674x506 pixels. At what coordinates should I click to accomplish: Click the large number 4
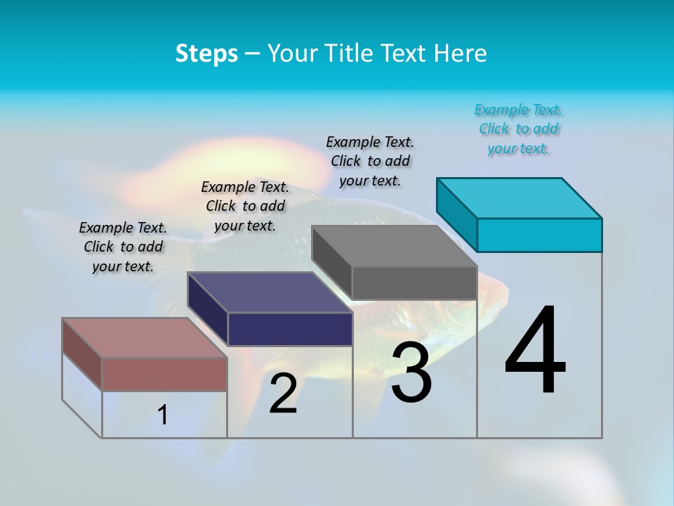click(x=535, y=351)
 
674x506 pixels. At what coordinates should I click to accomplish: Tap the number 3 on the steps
click(x=411, y=373)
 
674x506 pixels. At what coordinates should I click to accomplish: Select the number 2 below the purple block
click(x=283, y=394)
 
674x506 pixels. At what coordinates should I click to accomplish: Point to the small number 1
click(x=163, y=415)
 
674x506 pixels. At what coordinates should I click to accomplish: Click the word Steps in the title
click(x=206, y=53)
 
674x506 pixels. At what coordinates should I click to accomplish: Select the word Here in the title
click(x=461, y=53)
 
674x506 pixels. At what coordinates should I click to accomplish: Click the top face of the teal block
click(x=520, y=197)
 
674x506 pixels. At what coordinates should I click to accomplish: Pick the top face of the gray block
click(x=395, y=246)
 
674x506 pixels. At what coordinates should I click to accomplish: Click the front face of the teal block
click(x=539, y=235)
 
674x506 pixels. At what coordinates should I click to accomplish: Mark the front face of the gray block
click(x=414, y=283)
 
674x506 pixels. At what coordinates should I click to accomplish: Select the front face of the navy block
click(x=290, y=329)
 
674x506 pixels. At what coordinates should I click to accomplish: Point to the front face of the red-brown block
click(x=165, y=374)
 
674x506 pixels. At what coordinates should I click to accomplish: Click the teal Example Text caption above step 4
click(x=519, y=129)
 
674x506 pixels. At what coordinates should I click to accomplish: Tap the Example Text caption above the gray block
click(x=370, y=161)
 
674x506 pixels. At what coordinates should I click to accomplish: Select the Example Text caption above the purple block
click(x=245, y=206)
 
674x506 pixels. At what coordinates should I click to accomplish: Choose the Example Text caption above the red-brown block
click(x=123, y=247)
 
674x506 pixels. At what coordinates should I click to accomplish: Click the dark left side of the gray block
click(x=331, y=255)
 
